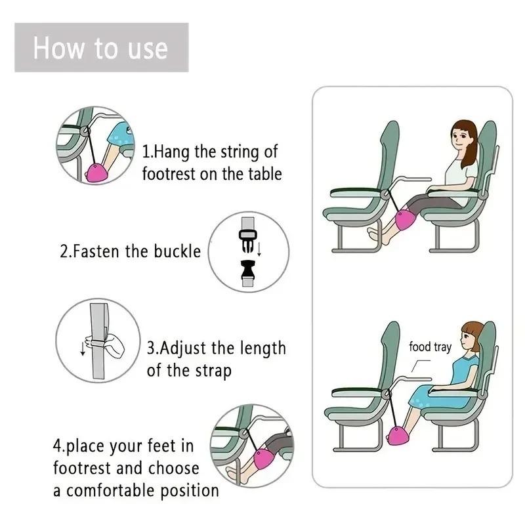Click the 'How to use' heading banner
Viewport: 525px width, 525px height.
point(101,48)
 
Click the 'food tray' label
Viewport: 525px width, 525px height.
point(430,346)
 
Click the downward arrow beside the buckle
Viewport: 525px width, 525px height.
point(261,250)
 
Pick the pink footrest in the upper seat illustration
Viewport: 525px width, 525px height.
point(404,220)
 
